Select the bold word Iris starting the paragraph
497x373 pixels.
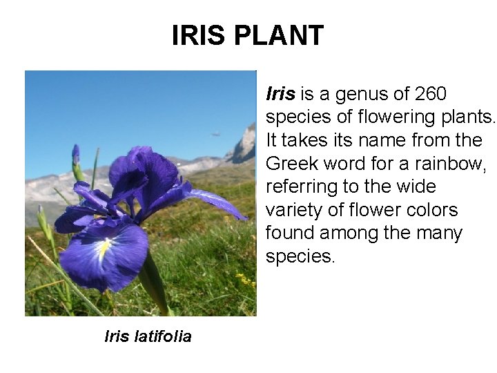coord(280,93)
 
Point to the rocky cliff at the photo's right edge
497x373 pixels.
coord(244,146)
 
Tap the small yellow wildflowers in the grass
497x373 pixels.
coord(243,279)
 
